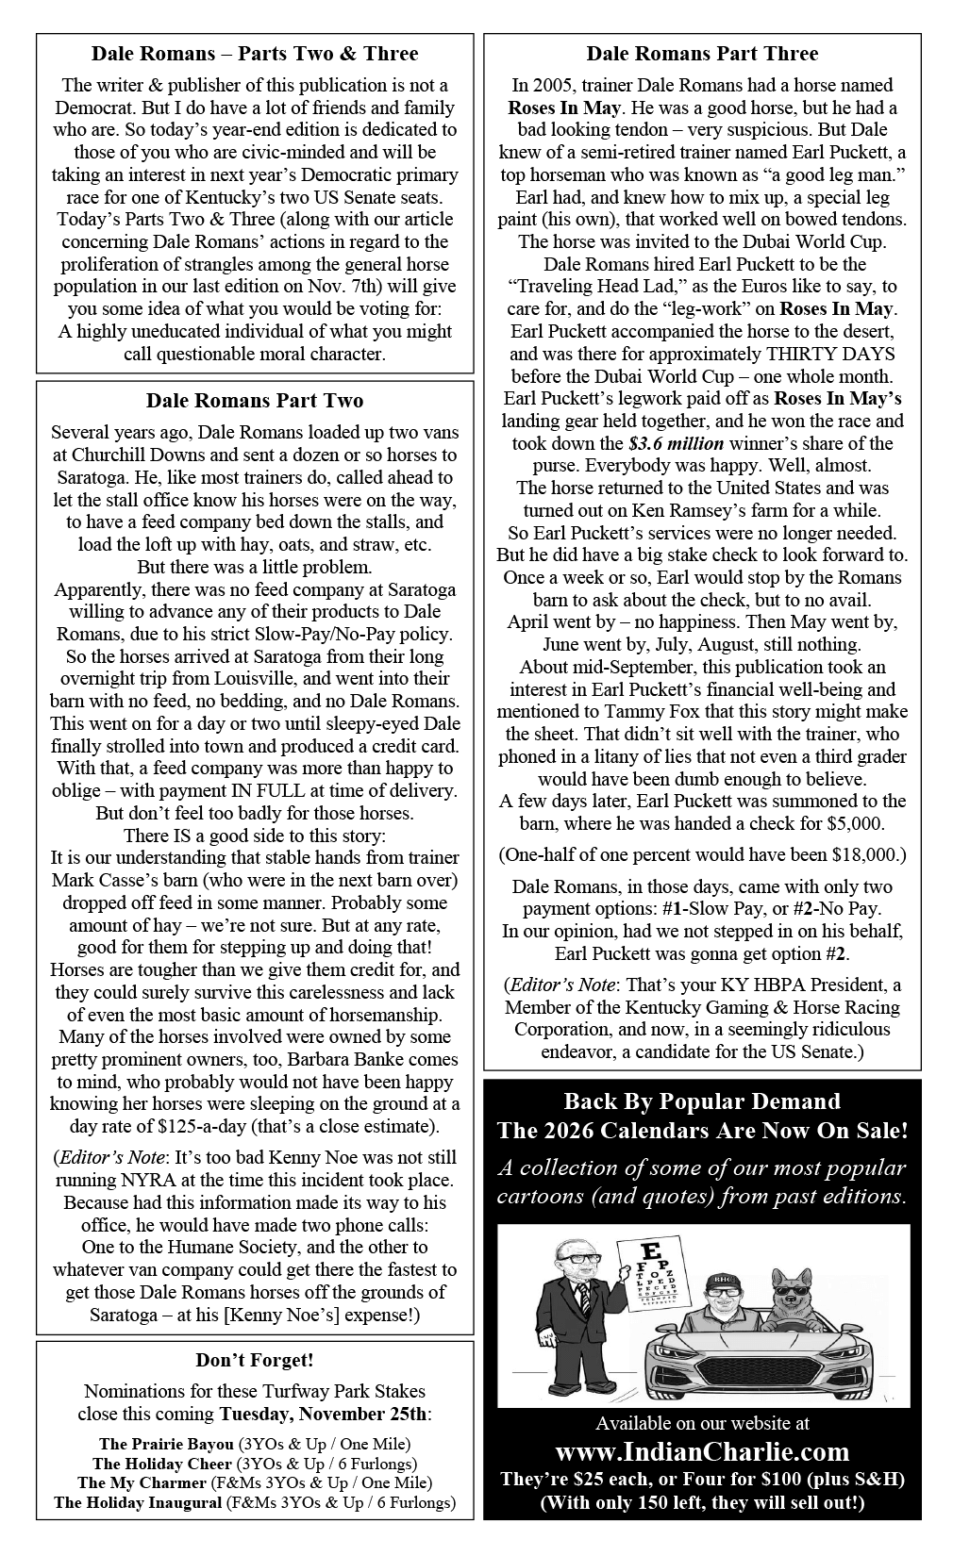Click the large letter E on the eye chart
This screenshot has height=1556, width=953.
tap(648, 1250)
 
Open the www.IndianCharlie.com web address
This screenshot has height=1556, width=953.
tap(702, 1451)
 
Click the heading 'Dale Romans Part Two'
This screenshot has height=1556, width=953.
tap(254, 401)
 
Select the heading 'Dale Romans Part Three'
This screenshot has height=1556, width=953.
tap(702, 54)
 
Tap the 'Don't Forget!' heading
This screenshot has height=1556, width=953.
tap(254, 1360)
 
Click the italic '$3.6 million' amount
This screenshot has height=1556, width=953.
tap(676, 443)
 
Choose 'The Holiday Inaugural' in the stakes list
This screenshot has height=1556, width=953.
tap(138, 1503)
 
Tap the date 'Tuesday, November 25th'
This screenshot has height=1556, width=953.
tap(325, 1415)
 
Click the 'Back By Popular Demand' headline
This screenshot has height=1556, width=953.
tap(702, 1101)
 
